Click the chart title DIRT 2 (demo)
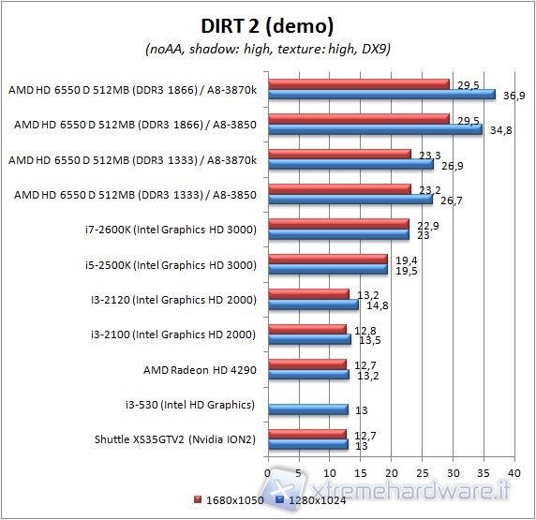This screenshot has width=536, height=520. point(267,25)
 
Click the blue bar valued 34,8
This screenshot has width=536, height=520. point(375,128)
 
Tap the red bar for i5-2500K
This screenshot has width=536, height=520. point(328,259)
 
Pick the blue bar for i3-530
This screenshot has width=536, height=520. point(308,409)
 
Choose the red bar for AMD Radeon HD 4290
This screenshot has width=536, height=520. point(307,364)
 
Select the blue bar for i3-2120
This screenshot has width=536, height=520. point(314,305)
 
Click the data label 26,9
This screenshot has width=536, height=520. point(452,166)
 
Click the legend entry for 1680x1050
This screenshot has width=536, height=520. point(229,499)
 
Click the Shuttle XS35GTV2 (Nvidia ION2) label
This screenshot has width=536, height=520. point(175,438)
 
